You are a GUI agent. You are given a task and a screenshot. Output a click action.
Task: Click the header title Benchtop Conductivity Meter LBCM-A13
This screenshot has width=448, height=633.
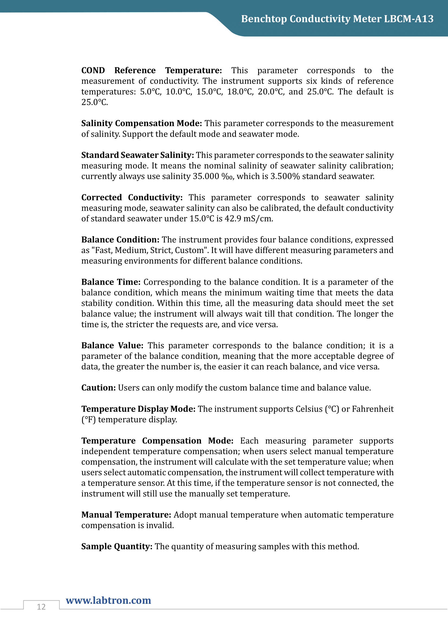tap(337, 19)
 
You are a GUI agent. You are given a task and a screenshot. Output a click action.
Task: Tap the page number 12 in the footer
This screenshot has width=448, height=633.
tap(41, 606)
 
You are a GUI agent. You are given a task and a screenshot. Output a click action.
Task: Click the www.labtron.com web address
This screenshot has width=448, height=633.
tap(108, 600)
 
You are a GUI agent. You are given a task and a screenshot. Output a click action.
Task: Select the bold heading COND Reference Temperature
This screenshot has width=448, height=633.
tap(151, 70)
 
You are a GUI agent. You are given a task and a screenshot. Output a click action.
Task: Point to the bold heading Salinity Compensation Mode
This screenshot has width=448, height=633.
tap(141, 123)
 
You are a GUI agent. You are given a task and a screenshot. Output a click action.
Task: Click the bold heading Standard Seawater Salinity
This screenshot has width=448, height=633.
tap(138, 155)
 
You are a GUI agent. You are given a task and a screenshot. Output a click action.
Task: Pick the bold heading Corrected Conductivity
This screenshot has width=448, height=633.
tap(132, 197)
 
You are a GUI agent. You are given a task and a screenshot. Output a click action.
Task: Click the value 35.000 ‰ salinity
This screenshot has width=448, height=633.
tap(213, 176)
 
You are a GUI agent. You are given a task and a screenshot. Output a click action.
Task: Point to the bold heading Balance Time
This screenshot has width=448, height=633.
tap(111, 282)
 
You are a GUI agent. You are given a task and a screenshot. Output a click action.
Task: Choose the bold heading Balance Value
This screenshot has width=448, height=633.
tap(112, 345)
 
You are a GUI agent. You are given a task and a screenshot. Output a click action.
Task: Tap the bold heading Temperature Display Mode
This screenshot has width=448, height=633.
tap(138, 409)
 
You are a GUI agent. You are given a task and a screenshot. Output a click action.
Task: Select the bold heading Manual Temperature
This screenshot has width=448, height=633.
tap(126, 515)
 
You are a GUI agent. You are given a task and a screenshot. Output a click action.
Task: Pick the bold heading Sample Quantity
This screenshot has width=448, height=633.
tap(117, 546)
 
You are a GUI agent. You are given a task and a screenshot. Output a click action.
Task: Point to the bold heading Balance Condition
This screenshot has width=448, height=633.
tap(120, 240)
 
